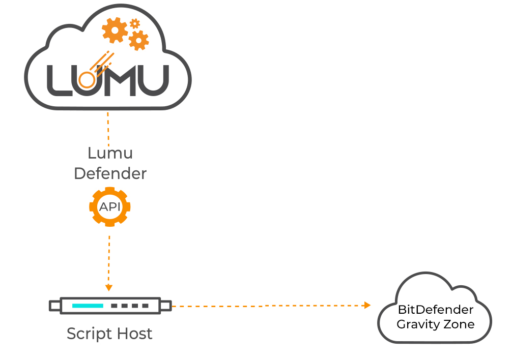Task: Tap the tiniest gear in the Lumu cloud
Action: pos(134,23)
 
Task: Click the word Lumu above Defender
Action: pos(110,153)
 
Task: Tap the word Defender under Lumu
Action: pos(110,173)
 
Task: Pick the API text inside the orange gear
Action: pos(110,206)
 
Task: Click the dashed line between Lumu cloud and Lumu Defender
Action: pos(108,127)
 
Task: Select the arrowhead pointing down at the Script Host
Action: pos(108,288)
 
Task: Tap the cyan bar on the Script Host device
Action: pos(88,306)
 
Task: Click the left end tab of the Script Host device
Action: pos(54,306)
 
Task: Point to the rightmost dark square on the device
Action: pos(146,306)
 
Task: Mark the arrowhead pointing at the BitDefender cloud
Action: pos(367,305)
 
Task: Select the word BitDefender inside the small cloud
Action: pos(435,310)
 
